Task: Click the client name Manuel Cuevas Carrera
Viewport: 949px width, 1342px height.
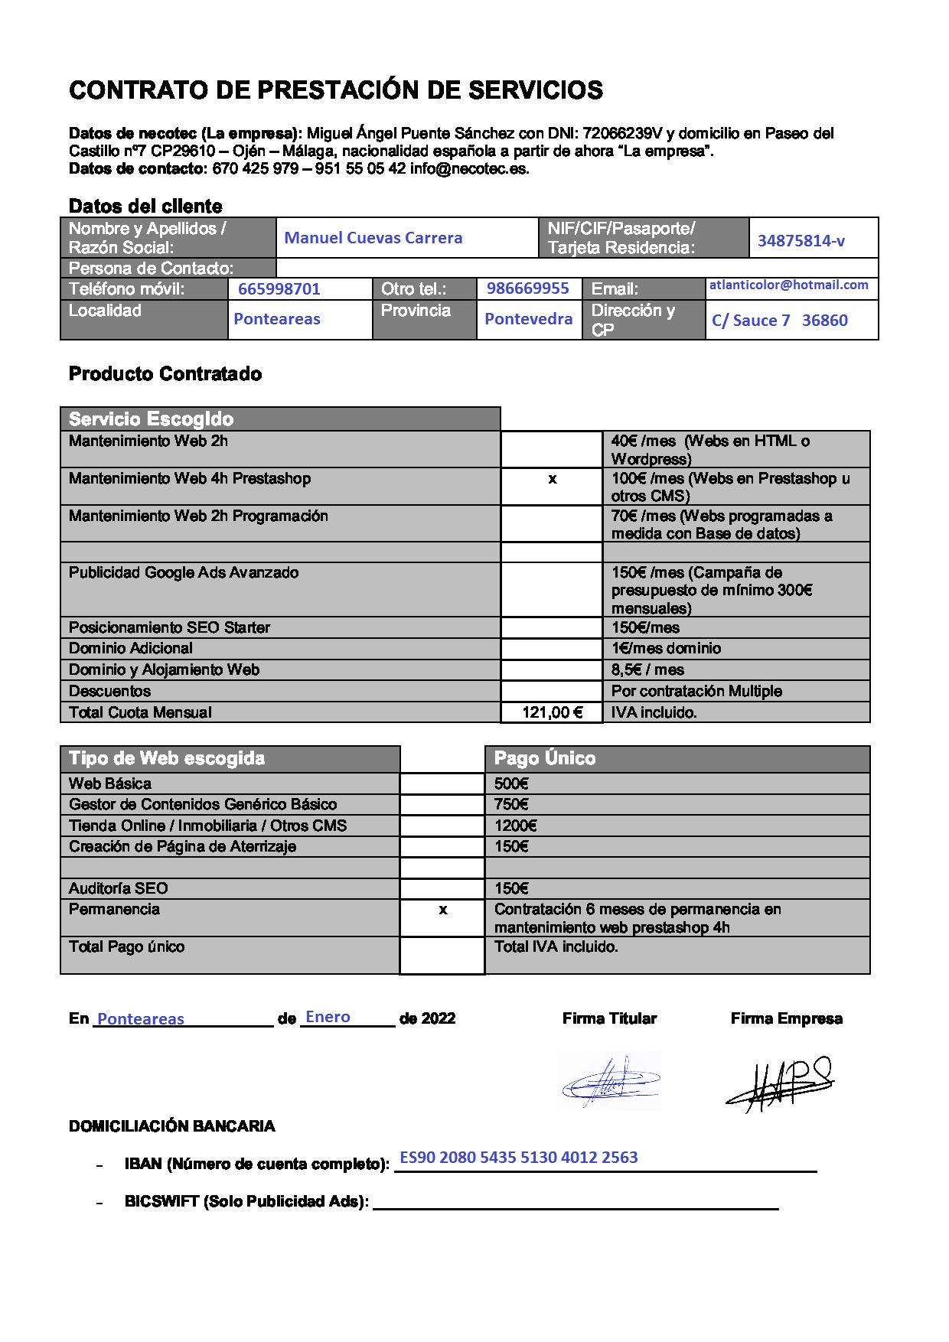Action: (373, 238)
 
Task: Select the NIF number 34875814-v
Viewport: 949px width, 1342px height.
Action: (801, 241)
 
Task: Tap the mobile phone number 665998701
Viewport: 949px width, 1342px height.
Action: (279, 289)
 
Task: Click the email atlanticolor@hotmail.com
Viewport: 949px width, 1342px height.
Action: (788, 285)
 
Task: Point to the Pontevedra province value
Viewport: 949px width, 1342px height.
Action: (528, 319)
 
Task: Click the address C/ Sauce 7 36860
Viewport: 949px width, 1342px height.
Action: (779, 321)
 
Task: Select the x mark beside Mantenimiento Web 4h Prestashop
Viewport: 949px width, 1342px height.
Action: (552, 480)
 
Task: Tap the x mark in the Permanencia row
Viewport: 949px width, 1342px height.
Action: (442, 910)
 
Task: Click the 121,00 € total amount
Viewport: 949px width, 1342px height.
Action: (552, 712)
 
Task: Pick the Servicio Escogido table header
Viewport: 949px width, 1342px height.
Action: (151, 419)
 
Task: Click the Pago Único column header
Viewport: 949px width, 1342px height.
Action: (544, 759)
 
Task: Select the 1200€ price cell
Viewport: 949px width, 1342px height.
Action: (515, 826)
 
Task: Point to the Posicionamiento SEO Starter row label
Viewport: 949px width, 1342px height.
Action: (169, 628)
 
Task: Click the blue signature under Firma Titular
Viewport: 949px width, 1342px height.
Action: (609, 1082)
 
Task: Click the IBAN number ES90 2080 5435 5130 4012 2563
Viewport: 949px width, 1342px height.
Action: (518, 1158)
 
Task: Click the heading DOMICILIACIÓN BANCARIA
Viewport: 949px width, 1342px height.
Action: (171, 1126)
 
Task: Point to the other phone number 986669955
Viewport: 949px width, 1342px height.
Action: (527, 288)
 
